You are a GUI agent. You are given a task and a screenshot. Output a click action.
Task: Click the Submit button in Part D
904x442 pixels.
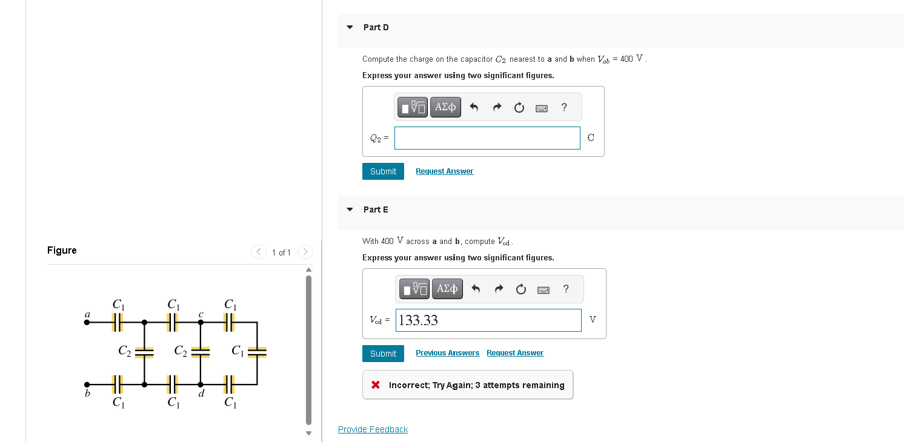pos(383,171)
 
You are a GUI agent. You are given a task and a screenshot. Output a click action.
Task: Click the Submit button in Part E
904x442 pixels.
pos(383,354)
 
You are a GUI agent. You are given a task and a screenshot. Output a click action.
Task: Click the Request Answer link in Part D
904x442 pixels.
pos(444,171)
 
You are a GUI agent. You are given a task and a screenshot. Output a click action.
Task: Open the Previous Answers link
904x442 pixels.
pos(447,353)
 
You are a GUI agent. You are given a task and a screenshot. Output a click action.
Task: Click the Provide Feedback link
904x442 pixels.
pos(373,429)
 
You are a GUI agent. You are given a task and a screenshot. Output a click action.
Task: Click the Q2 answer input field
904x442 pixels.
pos(487,138)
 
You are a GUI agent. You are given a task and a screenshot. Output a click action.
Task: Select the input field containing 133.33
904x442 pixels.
pos(488,320)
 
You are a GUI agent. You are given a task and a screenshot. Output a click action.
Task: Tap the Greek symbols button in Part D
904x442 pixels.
pos(445,107)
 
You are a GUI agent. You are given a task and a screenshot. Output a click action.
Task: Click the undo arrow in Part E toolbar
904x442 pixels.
pos(476,289)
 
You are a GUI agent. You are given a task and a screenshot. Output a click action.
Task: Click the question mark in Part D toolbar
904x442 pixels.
pos(564,107)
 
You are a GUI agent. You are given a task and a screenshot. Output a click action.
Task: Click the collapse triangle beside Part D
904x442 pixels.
pos(350,27)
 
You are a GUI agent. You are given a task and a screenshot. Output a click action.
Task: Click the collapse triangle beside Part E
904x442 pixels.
pos(350,209)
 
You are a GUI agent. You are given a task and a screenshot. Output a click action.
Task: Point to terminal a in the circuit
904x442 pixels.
pos(87,322)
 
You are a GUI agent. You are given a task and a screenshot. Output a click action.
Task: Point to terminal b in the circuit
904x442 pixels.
pos(87,384)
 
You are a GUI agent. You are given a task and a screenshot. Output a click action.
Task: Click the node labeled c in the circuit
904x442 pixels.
pos(201,322)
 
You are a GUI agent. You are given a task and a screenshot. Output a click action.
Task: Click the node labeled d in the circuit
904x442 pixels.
pos(201,384)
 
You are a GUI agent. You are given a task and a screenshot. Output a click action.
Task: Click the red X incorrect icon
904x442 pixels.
pos(376,385)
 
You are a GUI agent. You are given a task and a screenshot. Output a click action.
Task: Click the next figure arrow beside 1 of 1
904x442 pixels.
pos(305,252)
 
